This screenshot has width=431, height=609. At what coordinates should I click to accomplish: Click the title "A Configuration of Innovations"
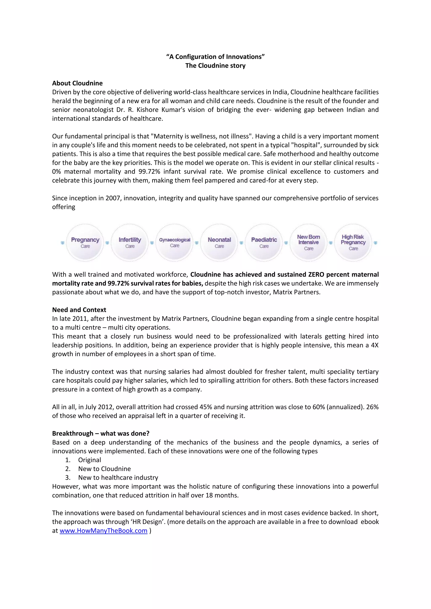pos(215,57)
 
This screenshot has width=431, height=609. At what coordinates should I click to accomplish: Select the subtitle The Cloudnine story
pos(215,66)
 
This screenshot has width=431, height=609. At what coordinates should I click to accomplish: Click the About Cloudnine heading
pos(77,83)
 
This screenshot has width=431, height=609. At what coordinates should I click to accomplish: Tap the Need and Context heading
pos(79,310)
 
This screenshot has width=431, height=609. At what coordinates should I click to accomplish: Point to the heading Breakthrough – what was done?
pos(101,433)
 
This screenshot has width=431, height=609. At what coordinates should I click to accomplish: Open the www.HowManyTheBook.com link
pos(103,531)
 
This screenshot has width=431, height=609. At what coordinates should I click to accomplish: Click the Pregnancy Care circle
pos(85,242)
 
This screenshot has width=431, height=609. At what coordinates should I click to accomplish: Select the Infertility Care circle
pos(130,242)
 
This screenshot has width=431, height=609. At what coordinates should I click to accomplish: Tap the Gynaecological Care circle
pos(175,242)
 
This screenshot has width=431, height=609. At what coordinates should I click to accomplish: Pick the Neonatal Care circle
pos(219,242)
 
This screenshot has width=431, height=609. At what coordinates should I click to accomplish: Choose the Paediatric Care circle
pos(264,242)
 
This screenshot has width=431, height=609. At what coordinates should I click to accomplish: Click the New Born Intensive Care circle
pos(309,242)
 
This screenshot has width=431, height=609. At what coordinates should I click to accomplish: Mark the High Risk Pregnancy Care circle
pos(353,242)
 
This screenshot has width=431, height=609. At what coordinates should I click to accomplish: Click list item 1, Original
pos(89,460)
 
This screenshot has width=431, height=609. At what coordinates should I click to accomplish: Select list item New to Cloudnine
pos(104,469)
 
